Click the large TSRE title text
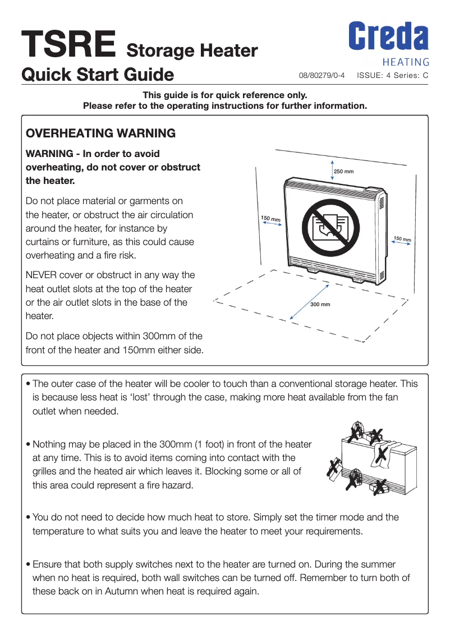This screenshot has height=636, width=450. [x=69, y=45]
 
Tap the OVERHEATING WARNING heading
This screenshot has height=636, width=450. [x=101, y=133]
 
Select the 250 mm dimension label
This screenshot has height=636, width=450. [x=343, y=171]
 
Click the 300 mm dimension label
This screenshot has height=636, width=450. [x=320, y=305]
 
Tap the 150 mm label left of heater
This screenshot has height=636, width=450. [x=270, y=218]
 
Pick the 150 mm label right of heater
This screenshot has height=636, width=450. [x=402, y=239]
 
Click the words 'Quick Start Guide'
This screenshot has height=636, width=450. [x=98, y=74]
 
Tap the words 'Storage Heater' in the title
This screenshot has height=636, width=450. [x=192, y=51]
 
